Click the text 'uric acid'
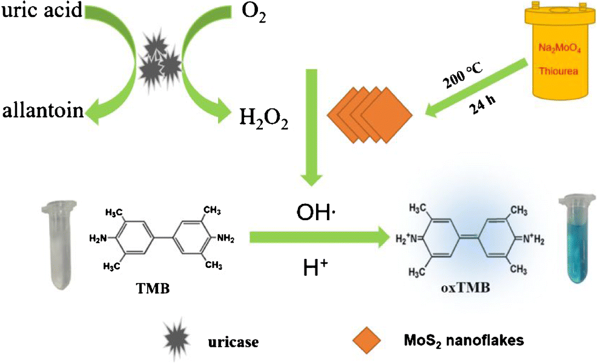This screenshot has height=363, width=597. tap(41, 11)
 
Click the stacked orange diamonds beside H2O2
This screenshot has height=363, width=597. tap(369, 112)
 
